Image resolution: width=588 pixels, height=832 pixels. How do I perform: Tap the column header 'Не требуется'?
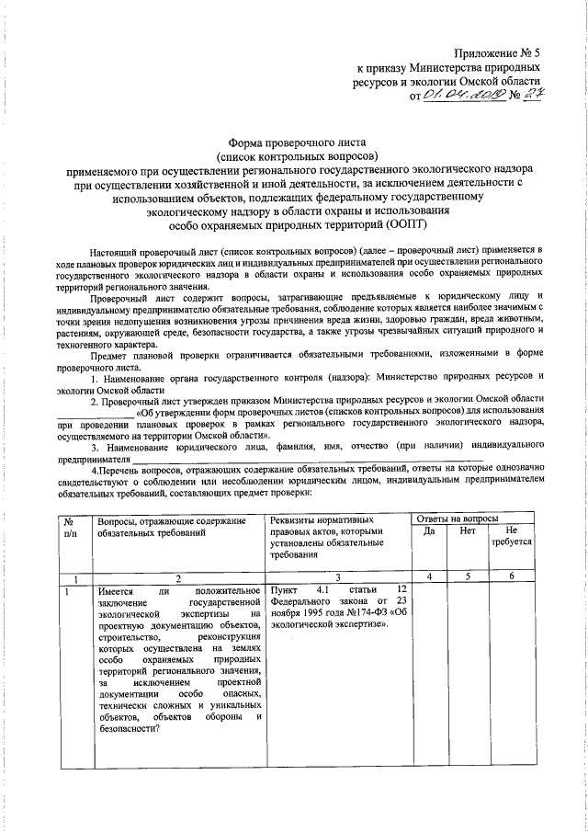click(x=512, y=538)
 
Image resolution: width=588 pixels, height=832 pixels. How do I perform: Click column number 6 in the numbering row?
click(x=512, y=576)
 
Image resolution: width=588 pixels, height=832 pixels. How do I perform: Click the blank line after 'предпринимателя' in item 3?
click(x=303, y=457)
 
